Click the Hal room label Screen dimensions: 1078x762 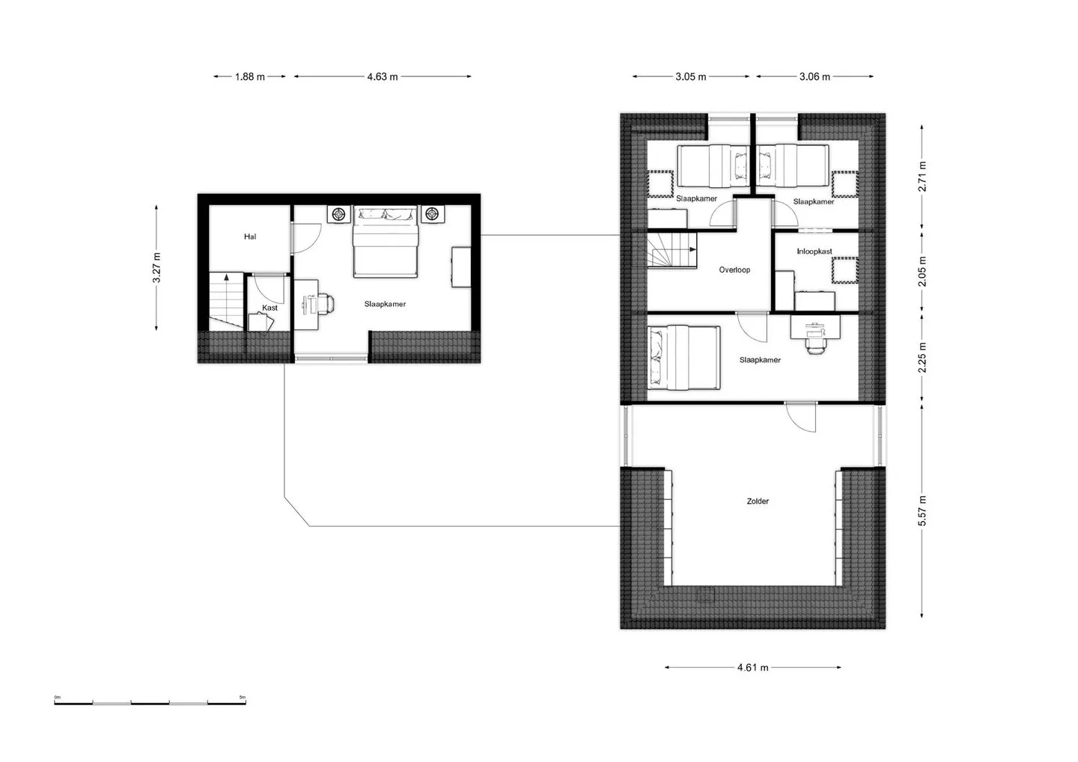pyautogui.click(x=250, y=237)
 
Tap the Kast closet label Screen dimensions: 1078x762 pyautogui.click(x=269, y=308)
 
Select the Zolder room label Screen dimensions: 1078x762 pyautogui.click(x=758, y=502)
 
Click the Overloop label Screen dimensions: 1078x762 pyautogui.click(x=734, y=270)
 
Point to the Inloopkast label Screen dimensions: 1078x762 pyautogui.click(x=814, y=252)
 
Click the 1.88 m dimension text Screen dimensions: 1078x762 pyautogui.click(x=250, y=76)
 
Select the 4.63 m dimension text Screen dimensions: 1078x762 pyautogui.click(x=383, y=76)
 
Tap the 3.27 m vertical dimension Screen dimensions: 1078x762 pyautogui.click(x=156, y=267)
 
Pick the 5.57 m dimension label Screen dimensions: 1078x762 pyautogui.click(x=922, y=510)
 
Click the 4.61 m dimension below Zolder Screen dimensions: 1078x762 pyautogui.click(x=752, y=667)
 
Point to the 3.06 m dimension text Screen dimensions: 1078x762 pyautogui.click(x=814, y=76)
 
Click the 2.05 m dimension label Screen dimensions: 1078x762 pyautogui.click(x=922, y=271)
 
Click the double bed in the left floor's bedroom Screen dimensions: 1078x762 pyautogui.click(x=385, y=242)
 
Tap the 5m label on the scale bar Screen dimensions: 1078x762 pyautogui.click(x=243, y=697)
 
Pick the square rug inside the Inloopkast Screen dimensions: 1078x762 pyautogui.click(x=845, y=270)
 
